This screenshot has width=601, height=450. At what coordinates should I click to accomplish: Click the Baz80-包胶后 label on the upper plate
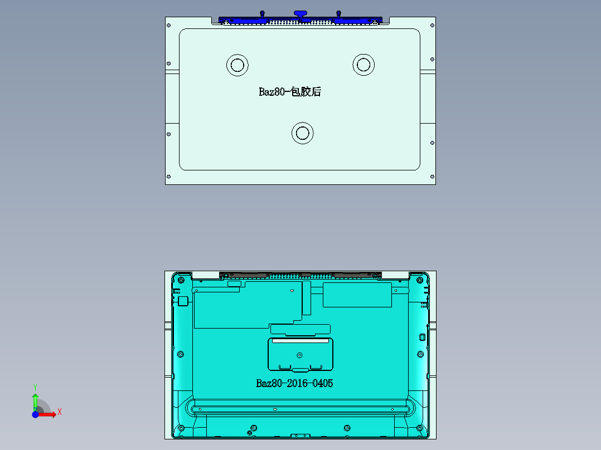click(x=290, y=92)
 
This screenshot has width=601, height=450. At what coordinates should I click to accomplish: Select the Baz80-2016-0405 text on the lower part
click(x=294, y=383)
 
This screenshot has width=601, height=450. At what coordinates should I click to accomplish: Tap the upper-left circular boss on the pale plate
click(x=237, y=65)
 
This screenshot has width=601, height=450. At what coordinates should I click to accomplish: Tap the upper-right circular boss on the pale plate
click(x=363, y=65)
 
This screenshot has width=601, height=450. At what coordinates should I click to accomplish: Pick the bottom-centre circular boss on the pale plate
click(x=303, y=133)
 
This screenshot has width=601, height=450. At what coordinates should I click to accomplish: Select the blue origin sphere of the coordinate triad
click(x=35, y=414)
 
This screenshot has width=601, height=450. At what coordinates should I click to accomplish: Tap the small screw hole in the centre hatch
click(x=300, y=355)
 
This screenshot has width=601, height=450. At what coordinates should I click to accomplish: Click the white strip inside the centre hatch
click(x=300, y=340)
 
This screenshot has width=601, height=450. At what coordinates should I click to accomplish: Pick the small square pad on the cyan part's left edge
click(x=182, y=301)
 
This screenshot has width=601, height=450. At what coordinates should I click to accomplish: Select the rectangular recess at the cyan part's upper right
click(x=357, y=295)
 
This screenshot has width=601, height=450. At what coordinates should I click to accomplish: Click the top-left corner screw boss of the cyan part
click(x=180, y=279)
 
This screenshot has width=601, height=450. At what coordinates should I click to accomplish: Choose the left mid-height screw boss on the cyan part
click(x=180, y=354)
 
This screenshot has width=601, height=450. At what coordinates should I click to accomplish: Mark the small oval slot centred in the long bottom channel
click(x=275, y=409)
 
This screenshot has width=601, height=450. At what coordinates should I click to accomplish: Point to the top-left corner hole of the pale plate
click(x=168, y=26)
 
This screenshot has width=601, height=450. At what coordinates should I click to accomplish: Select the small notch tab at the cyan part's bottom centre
click(x=300, y=436)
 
